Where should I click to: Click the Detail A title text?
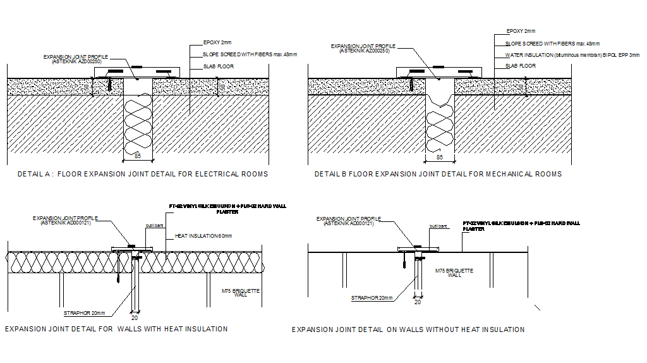pos(143,174)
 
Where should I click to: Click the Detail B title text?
pos(438,174)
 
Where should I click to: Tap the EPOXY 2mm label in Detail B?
pos(521,31)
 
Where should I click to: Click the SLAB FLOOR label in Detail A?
pos(219,66)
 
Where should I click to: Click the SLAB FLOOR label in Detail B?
pos(521,66)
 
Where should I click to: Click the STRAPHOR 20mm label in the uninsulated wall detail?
pos(372,298)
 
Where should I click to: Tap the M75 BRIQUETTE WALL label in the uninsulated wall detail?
pos(454,273)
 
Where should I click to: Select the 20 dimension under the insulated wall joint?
pos(134,317)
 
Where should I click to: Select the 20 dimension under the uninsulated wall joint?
pos(417,302)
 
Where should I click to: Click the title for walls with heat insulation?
pos(116,329)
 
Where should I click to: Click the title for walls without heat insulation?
pos(408,329)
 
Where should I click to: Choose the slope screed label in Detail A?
pos(250,54)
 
